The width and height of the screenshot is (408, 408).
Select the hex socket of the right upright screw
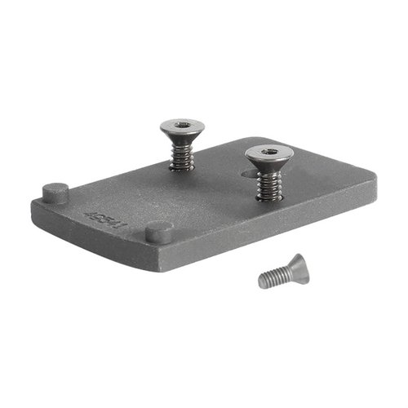point(266,152)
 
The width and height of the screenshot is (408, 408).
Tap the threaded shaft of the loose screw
point(273,277)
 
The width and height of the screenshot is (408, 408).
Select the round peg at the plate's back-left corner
point(55,193)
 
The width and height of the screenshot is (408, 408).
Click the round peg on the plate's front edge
point(159,232)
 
